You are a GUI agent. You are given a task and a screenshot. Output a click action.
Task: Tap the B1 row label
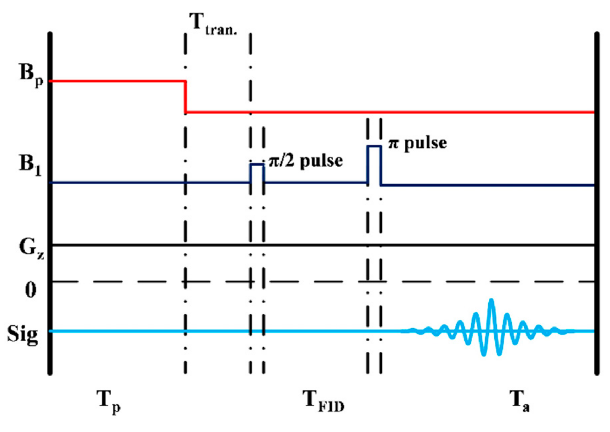[30, 166]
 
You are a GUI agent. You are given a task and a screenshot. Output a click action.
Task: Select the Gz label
[31, 248]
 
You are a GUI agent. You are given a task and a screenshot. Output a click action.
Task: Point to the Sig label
[22, 334]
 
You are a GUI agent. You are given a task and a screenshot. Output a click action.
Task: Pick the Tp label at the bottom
[108, 401]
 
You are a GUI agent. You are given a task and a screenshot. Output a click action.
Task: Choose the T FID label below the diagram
[323, 401]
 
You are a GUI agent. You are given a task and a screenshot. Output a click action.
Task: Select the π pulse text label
[417, 143]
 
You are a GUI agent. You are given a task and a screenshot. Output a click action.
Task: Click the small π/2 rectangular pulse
[257, 173]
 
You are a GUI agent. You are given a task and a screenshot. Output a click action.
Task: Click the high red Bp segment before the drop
[117, 81]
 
